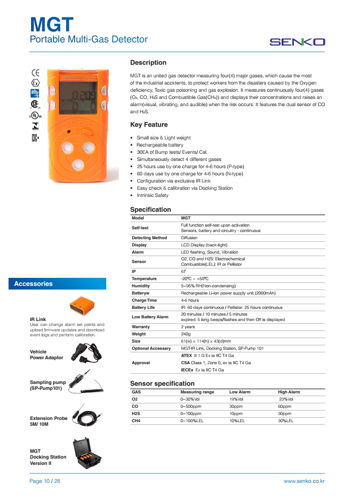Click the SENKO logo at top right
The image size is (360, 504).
(x=297, y=42)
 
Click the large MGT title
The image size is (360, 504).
(x=51, y=23)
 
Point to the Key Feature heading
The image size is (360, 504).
(x=148, y=125)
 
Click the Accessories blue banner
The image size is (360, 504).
(x=57, y=284)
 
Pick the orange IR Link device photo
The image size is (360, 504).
(x=82, y=306)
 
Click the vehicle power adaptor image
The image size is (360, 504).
(x=85, y=352)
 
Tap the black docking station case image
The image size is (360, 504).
(x=87, y=454)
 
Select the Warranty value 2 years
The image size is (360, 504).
(x=188, y=327)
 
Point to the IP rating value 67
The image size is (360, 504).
(x=184, y=272)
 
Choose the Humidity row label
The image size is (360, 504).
(x=141, y=286)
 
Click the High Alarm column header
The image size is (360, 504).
(x=289, y=392)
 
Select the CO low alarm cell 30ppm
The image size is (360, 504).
(x=236, y=406)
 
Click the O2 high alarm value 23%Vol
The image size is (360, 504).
(x=286, y=399)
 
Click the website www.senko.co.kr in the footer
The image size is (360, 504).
(x=304, y=481)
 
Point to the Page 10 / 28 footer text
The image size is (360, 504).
(x=45, y=481)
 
